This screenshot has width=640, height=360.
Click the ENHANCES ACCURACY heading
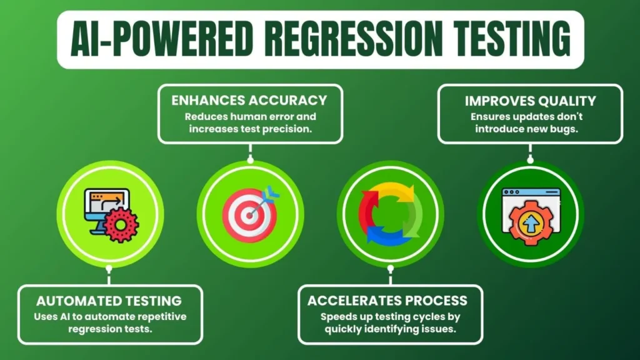pyautogui.click(x=250, y=100)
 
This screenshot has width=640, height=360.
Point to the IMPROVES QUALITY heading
pyautogui.click(x=530, y=101)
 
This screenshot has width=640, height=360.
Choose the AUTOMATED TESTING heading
pyautogui.click(x=109, y=301)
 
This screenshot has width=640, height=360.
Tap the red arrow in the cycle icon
pyautogui.click(x=369, y=203)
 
